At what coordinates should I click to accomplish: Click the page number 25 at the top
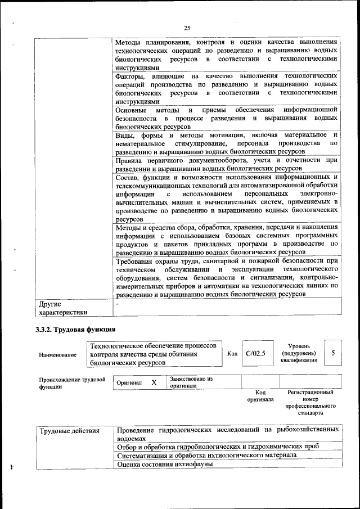click(x=187, y=28)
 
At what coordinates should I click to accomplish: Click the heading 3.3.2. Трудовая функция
click(x=75, y=329)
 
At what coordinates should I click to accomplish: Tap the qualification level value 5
click(x=334, y=353)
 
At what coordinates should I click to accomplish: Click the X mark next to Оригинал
click(x=154, y=382)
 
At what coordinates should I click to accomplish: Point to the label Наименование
click(x=58, y=355)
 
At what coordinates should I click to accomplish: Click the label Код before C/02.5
click(x=232, y=354)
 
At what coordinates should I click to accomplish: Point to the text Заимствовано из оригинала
click(x=191, y=382)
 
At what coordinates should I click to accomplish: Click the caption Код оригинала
click(x=260, y=396)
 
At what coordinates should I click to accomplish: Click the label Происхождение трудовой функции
click(x=72, y=383)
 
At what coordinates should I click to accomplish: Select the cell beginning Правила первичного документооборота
click(x=226, y=164)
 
